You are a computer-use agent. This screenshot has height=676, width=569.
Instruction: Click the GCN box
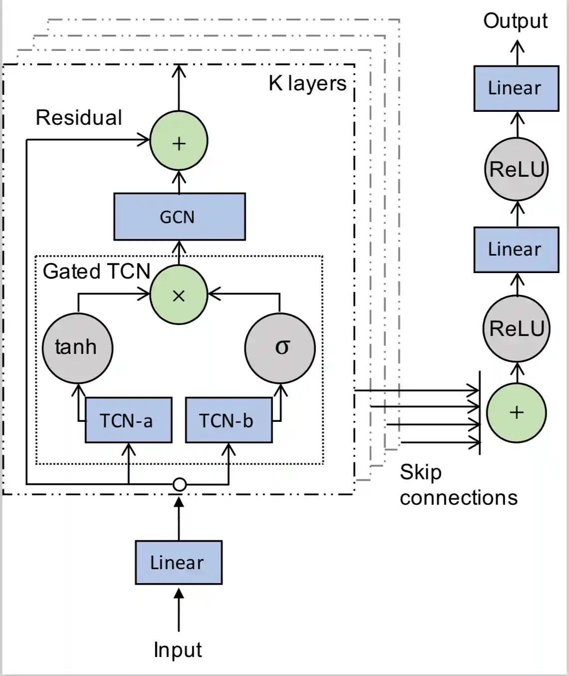click(179, 217)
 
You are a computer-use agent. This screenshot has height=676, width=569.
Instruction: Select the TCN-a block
click(128, 420)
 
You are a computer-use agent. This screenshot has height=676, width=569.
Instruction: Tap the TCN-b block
click(229, 420)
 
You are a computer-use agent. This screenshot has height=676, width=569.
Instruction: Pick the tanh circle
click(77, 347)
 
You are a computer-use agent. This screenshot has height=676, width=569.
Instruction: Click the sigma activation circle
click(280, 347)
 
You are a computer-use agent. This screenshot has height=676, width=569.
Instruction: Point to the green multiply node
click(179, 295)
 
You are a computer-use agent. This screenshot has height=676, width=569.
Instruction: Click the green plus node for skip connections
click(516, 412)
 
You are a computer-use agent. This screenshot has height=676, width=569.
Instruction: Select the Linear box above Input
click(178, 563)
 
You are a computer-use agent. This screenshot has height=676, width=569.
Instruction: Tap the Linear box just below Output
click(516, 88)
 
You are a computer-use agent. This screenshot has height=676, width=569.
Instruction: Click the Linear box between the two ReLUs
click(516, 250)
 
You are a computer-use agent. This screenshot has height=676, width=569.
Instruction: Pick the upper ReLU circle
click(517, 170)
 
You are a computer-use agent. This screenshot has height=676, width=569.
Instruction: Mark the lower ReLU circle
click(517, 329)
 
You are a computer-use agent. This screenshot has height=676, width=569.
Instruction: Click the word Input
click(178, 650)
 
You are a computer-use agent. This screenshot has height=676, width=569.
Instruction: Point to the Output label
click(515, 21)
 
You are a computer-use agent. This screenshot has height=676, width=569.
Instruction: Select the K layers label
click(307, 83)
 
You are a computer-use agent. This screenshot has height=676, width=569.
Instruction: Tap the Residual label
click(79, 118)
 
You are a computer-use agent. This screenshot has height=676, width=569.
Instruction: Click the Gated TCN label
click(96, 271)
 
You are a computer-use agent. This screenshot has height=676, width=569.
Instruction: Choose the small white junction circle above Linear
click(179, 484)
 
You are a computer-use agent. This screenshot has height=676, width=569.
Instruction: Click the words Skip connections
click(458, 485)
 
